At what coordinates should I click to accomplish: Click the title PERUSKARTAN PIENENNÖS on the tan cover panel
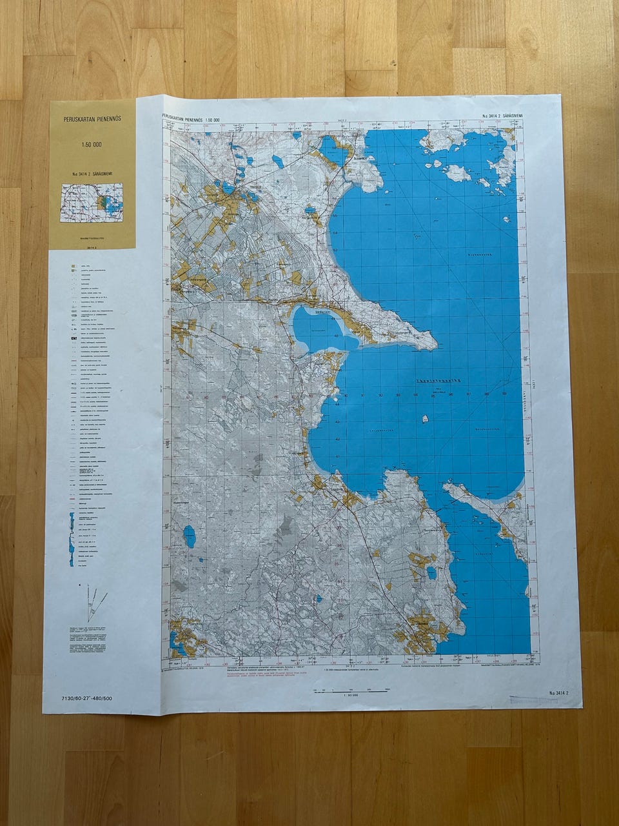click(x=92, y=119)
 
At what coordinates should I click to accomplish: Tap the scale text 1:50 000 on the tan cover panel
click(x=92, y=145)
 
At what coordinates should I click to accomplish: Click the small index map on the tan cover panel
click(x=92, y=203)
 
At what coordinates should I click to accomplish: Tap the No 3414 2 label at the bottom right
click(x=558, y=693)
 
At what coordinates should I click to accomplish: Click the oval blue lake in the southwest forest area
click(x=189, y=536)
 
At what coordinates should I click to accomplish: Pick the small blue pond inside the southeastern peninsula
click(x=431, y=572)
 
